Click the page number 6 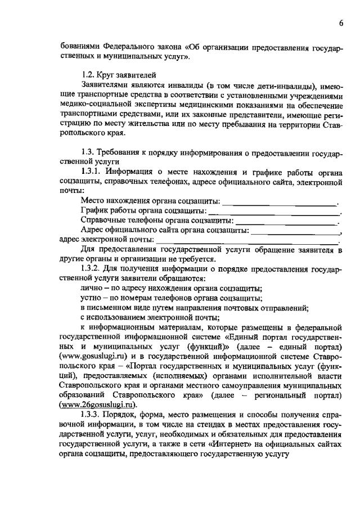coord(341,23)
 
